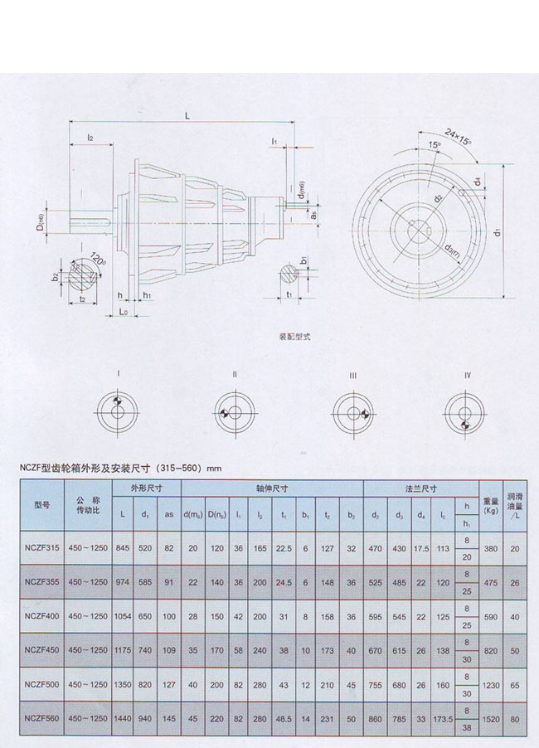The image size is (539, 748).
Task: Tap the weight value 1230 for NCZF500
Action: pyautogui.click(x=491, y=684)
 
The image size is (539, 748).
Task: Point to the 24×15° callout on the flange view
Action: pyautogui.click(x=457, y=133)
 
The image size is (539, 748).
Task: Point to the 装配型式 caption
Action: pyautogui.click(x=296, y=338)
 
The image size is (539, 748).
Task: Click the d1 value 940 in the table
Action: pyautogui.click(x=146, y=718)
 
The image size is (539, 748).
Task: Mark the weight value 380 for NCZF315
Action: pyautogui.click(x=491, y=548)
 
